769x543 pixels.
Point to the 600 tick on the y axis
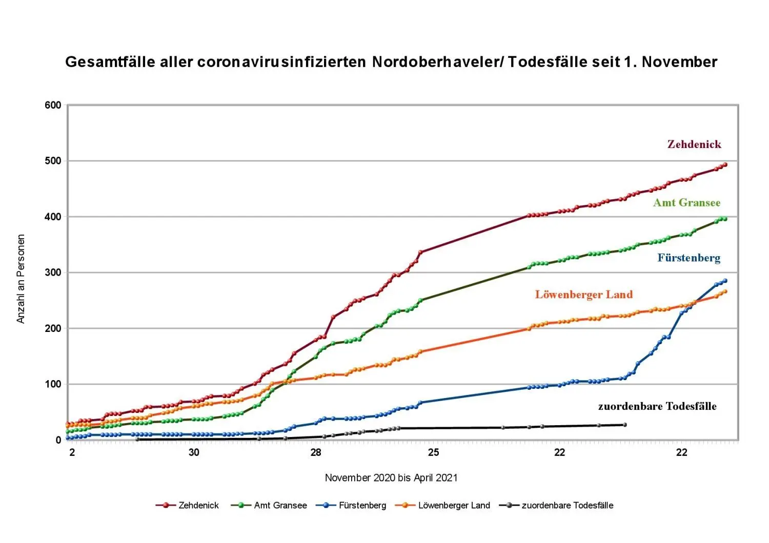[53, 105]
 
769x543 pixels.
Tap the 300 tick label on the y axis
[53, 273]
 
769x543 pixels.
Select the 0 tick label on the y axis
[58, 440]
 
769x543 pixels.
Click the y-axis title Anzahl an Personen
[21, 279]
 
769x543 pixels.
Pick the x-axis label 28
[315, 452]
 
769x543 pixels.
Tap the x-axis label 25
[434, 452]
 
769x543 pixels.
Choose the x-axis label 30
[194, 452]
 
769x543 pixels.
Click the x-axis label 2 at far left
[72, 452]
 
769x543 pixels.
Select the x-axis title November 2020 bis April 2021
[391, 478]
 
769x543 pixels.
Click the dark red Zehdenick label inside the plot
[694, 144]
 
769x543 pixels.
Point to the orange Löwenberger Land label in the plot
[584, 295]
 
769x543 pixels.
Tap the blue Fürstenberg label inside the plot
[689, 258]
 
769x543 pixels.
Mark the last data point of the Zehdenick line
[725, 165]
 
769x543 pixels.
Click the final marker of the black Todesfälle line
[624, 425]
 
